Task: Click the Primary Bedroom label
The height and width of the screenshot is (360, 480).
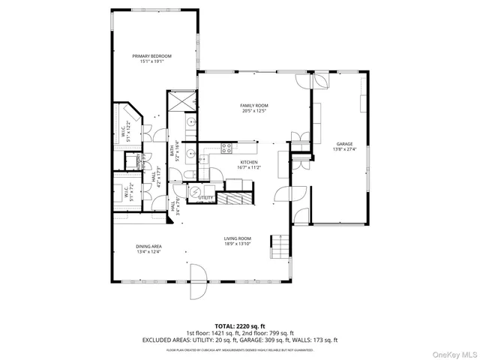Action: point(152,56)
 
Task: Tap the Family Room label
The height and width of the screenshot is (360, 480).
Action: point(254,106)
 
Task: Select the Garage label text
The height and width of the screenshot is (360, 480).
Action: point(345,144)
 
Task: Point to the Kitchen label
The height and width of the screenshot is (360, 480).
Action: point(249,162)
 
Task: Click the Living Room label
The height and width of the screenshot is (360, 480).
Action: point(237,238)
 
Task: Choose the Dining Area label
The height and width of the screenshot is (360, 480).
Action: point(149,246)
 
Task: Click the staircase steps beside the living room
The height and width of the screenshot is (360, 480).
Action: point(280,244)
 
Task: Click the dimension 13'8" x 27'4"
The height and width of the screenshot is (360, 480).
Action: point(345,149)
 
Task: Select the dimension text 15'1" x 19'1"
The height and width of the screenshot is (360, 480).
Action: point(152,61)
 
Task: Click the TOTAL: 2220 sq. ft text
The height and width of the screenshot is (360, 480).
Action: point(240,326)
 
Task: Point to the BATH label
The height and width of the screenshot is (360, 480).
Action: point(172,151)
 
